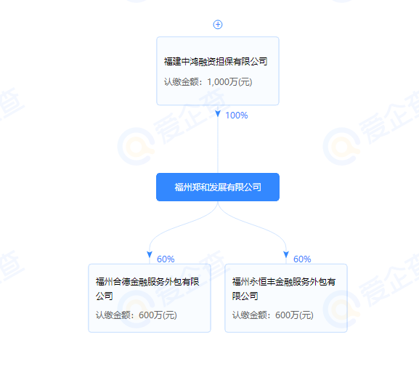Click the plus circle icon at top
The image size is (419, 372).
click(218, 25)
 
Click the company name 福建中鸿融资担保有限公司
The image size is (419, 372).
click(216, 62)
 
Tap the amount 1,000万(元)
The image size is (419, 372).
click(229, 82)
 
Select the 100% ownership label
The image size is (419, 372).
click(237, 116)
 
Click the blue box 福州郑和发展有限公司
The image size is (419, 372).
click(218, 187)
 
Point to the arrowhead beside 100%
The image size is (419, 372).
click(218, 113)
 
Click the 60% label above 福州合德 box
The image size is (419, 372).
click(166, 259)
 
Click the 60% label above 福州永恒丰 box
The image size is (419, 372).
click(302, 259)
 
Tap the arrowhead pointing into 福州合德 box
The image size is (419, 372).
click(150, 254)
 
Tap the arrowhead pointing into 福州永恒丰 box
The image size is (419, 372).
click(286, 254)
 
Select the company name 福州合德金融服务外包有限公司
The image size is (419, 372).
click(147, 289)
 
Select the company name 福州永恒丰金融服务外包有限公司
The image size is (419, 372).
click(284, 289)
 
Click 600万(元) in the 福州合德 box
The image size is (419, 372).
click(158, 315)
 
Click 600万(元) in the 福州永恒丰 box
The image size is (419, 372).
click(295, 315)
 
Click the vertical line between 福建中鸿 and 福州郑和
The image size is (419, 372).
click(218, 145)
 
